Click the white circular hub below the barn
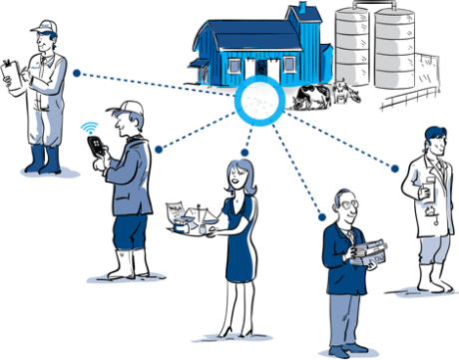[x=258, y=103]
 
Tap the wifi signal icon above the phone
[x=91, y=128]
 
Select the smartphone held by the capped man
[x=97, y=147]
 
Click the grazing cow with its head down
[x=308, y=98]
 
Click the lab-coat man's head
[x=431, y=139]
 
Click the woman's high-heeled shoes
[x=232, y=331]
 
